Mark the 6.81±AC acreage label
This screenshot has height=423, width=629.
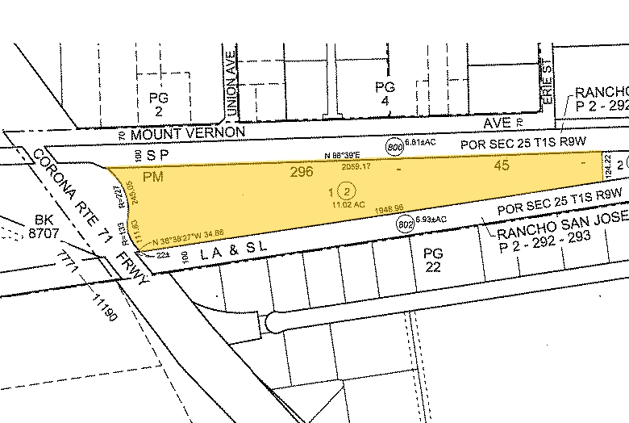point(424,144)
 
